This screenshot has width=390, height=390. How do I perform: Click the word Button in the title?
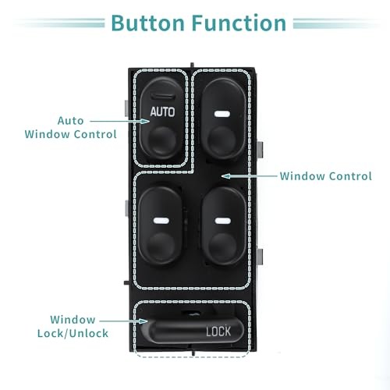coord(148,23)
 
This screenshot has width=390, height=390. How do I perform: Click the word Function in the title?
coord(239,23)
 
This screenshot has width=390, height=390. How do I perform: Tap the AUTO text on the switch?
coord(162,112)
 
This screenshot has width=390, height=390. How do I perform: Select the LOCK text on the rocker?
coord(218,331)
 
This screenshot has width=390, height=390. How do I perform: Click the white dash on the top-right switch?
coord(222,114)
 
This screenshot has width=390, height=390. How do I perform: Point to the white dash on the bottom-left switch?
coord(161,221)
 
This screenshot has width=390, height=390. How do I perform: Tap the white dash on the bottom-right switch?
coord(223,221)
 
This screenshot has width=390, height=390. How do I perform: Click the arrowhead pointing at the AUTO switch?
coord(145,122)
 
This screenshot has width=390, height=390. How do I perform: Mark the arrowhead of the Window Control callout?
coord(225,176)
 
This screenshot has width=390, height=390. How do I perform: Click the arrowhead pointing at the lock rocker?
coord(144,321)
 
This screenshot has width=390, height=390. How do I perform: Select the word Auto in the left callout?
coord(70,121)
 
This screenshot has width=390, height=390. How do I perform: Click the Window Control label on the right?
coord(326,176)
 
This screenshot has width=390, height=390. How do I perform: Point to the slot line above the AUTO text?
coord(163,97)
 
